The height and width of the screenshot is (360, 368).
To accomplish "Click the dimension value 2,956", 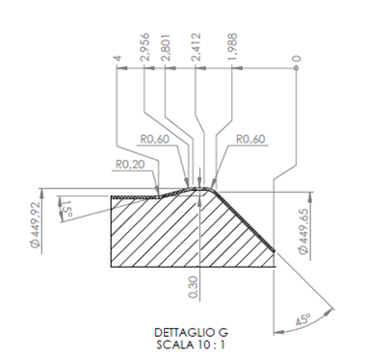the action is (x=145, y=47).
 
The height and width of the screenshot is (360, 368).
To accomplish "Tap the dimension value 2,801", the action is (x=166, y=47).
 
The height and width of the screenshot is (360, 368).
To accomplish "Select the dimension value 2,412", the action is (x=196, y=47).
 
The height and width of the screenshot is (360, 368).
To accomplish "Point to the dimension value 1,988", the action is (x=232, y=47).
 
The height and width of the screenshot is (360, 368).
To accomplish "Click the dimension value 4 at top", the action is (x=118, y=58).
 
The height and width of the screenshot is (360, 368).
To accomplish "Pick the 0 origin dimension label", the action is (x=297, y=59).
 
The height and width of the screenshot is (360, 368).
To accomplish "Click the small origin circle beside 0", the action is (x=297, y=68).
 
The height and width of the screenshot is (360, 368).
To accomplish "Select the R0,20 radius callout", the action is (x=130, y=165).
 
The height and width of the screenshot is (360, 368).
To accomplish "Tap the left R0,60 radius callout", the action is (x=154, y=140).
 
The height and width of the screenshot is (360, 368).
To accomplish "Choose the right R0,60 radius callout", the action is (x=250, y=140).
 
